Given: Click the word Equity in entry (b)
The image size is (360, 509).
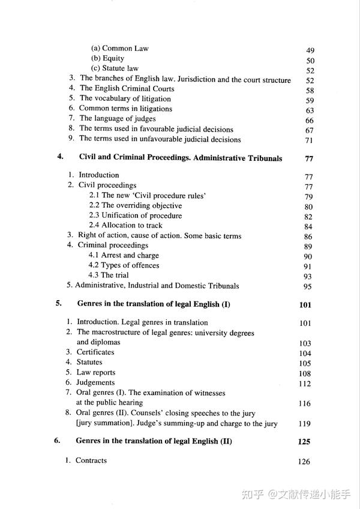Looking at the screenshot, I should pyautogui.click(x=113, y=59).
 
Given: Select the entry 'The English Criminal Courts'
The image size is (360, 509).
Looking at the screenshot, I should pyautogui.click(x=127, y=89).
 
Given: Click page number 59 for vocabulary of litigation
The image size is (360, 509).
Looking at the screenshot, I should pyautogui.click(x=310, y=100).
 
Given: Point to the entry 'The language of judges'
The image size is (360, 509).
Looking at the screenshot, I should pyautogui.click(x=117, y=119).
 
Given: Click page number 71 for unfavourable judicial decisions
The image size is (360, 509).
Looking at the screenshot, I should pyautogui.click(x=310, y=140).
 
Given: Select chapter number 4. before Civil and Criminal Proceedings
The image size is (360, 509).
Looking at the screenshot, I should pyautogui.click(x=60, y=158).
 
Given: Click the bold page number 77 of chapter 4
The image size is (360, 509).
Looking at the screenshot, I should pyautogui.click(x=310, y=159).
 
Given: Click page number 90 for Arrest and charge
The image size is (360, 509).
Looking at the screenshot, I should pyautogui.click(x=308, y=256).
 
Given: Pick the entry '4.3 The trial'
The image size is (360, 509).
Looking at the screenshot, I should pyautogui.click(x=109, y=276).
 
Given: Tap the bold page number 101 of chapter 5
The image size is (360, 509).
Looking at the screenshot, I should pyautogui.click(x=305, y=305).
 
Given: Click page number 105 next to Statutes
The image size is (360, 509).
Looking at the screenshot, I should pyautogui.click(x=305, y=364).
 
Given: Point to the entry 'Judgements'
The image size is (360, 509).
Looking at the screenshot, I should pyautogui.click(x=95, y=383).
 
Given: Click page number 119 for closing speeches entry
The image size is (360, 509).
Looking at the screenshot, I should pyautogui.click(x=304, y=424).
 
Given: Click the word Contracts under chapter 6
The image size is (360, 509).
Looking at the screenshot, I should pyautogui.click(x=91, y=460).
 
